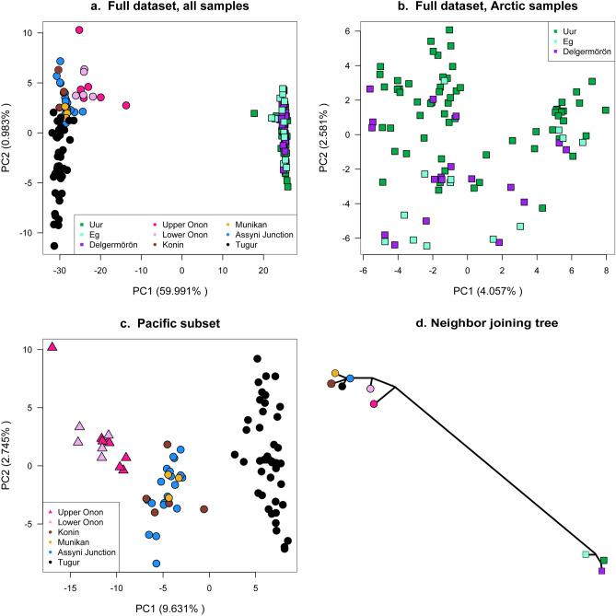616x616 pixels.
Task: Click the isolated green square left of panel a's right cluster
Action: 254,113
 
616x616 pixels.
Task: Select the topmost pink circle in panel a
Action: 79,30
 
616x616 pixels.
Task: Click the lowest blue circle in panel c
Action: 157,563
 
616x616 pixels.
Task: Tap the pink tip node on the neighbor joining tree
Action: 374,403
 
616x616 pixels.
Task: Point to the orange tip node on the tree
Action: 335,374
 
